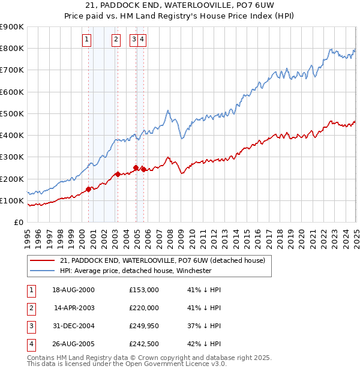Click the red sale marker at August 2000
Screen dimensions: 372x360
click(89, 189)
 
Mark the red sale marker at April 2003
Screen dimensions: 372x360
click(118, 175)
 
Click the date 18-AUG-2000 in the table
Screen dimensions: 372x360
click(73, 290)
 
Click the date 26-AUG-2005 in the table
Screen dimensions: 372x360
click(73, 344)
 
